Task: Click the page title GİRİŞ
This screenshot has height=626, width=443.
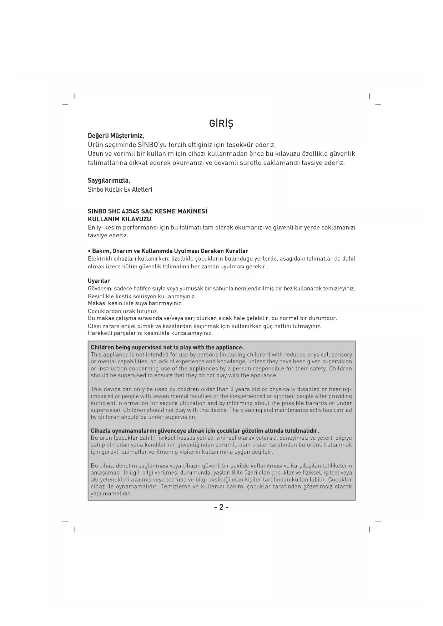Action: click(x=221, y=123)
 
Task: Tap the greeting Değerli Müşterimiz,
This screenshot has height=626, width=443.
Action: click(x=116, y=136)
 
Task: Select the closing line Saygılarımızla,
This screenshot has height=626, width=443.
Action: click(x=109, y=180)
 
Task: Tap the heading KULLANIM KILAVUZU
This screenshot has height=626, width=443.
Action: click(x=119, y=219)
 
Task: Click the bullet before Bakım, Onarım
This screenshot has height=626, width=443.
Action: click(x=89, y=251)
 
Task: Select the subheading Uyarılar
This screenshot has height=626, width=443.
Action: click(x=99, y=281)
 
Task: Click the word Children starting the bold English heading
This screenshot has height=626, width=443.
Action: click(x=102, y=347)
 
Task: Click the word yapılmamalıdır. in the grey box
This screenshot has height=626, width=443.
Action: click(x=111, y=494)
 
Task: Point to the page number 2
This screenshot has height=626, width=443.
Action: click(x=221, y=507)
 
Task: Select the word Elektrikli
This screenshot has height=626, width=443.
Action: click(x=100, y=259)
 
